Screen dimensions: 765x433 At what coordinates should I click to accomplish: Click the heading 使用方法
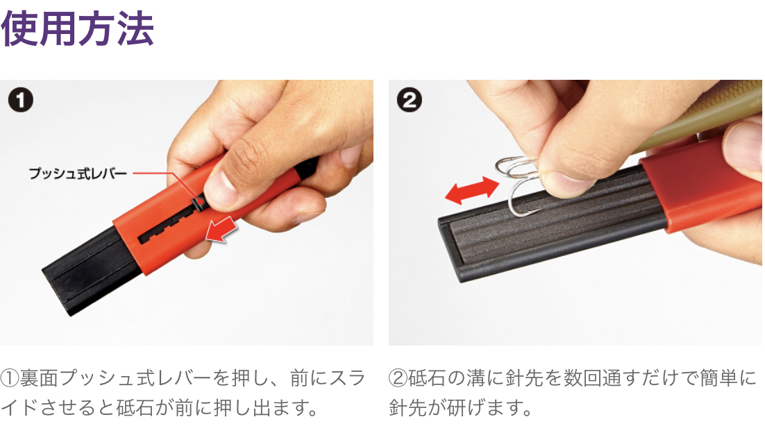click(x=78, y=29)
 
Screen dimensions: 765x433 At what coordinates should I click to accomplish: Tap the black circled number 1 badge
click(x=21, y=100)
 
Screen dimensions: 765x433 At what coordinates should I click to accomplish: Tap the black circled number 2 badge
click(x=410, y=100)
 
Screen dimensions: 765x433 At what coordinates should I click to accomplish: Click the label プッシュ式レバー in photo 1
click(x=78, y=173)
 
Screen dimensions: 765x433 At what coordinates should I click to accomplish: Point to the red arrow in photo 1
click(x=221, y=230)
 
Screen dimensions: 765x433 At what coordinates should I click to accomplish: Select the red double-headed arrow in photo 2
click(x=472, y=190)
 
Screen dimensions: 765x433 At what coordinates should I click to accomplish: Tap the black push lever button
click(x=199, y=201)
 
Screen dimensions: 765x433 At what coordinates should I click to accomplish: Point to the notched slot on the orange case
click(x=171, y=224)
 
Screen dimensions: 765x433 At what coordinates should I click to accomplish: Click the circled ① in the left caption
click(x=10, y=378)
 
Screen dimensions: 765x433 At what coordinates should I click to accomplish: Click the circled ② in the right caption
click(x=398, y=378)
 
